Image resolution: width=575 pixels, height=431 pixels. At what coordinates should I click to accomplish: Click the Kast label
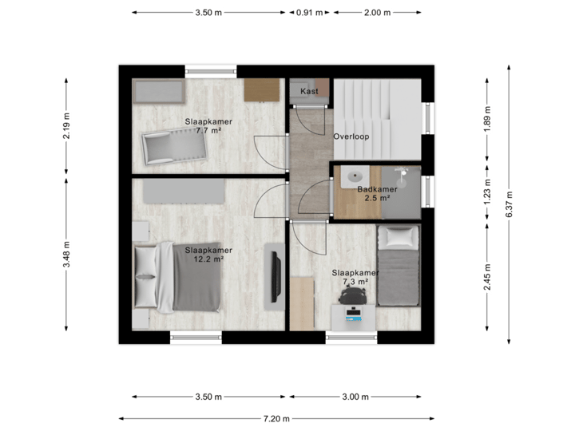[x=309, y=91]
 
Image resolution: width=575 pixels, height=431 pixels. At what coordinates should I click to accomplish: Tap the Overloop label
[x=351, y=136]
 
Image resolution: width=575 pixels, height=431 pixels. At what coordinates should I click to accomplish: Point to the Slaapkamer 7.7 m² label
[x=203, y=125]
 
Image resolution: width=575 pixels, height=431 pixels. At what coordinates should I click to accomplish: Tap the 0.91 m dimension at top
[x=309, y=13]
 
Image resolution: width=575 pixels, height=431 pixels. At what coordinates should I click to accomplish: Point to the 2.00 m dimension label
[x=377, y=13]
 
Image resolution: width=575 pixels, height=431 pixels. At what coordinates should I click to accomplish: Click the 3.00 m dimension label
[x=355, y=397]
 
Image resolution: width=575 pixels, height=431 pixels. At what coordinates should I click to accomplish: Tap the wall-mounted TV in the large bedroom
[x=273, y=276]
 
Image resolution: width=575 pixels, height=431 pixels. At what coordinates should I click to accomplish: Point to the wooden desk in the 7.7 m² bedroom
[x=261, y=90]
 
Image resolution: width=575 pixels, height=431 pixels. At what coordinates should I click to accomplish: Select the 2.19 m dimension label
[x=66, y=125]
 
